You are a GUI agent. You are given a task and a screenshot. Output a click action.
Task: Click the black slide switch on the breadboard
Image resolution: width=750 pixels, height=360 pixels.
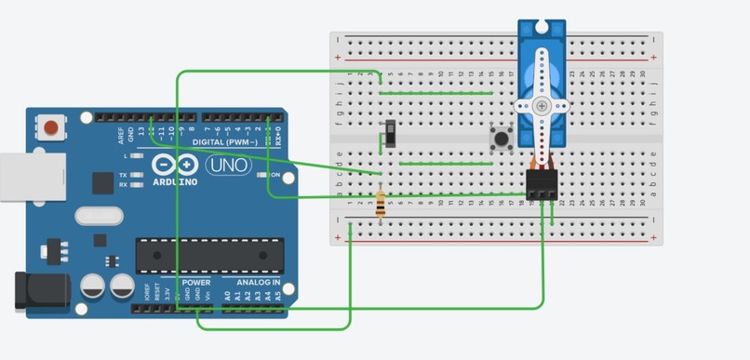tap(391, 135)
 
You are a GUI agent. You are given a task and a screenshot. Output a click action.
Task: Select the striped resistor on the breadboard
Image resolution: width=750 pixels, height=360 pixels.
tap(381, 205)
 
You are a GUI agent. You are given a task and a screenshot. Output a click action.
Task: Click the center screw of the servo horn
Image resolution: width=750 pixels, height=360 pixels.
tap(542, 107)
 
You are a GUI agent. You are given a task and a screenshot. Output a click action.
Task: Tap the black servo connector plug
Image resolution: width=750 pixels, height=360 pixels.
tap(542, 185)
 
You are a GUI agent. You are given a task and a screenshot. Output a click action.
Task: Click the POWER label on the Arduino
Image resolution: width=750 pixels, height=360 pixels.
tap(196, 281)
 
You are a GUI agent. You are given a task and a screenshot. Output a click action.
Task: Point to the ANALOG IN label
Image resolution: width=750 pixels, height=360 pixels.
tap(258, 281)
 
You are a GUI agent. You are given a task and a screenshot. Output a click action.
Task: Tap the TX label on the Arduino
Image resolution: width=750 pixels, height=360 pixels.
tap(124, 175)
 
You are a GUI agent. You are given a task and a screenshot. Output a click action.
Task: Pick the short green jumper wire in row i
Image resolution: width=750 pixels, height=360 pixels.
tap(436, 93)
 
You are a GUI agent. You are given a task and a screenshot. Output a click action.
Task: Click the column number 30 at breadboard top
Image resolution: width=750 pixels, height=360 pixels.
tap(644, 73)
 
